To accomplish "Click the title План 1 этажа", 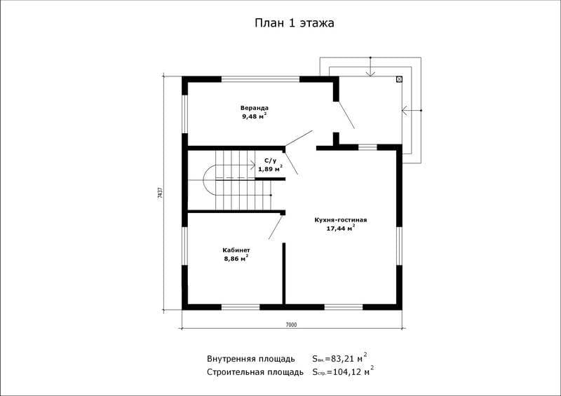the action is pos(295,23).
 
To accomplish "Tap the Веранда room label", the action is pos(255,108).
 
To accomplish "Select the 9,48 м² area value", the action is pos(255,116).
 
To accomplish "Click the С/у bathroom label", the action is pos(270,161).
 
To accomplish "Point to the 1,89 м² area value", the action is pos(271,168).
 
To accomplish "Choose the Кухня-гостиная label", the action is pos(341,220).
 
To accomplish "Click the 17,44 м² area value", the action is pos(341,228).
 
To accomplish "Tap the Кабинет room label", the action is pos(236,250).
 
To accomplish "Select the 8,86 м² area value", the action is pos(236,259).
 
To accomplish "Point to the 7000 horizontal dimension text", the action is pos(291,325).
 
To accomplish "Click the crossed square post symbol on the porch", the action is pos(399,79).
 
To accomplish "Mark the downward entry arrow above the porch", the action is pos(370,67).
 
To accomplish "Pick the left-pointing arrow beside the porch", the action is pos(412,111).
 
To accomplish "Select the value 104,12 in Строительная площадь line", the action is pos(348,372).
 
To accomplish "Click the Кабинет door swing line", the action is pos(276,227).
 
